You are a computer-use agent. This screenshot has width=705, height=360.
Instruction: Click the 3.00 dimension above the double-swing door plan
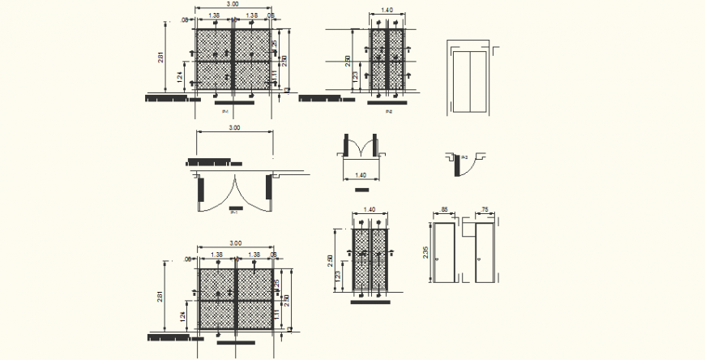coord(234,128)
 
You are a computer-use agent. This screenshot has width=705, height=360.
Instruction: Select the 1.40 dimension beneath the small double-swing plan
coord(361,175)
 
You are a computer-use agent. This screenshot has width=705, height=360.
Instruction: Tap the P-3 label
coord(464,156)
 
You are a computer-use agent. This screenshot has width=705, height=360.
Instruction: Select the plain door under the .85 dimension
coord(445,253)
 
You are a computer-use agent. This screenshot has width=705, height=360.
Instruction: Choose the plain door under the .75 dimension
coord(485,253)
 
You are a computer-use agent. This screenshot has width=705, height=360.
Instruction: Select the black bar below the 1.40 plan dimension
coord(361,190)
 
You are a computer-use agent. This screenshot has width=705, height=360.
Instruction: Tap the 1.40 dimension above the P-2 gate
coord(387,11)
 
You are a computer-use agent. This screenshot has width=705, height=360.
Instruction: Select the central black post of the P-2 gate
coord(387,61)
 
